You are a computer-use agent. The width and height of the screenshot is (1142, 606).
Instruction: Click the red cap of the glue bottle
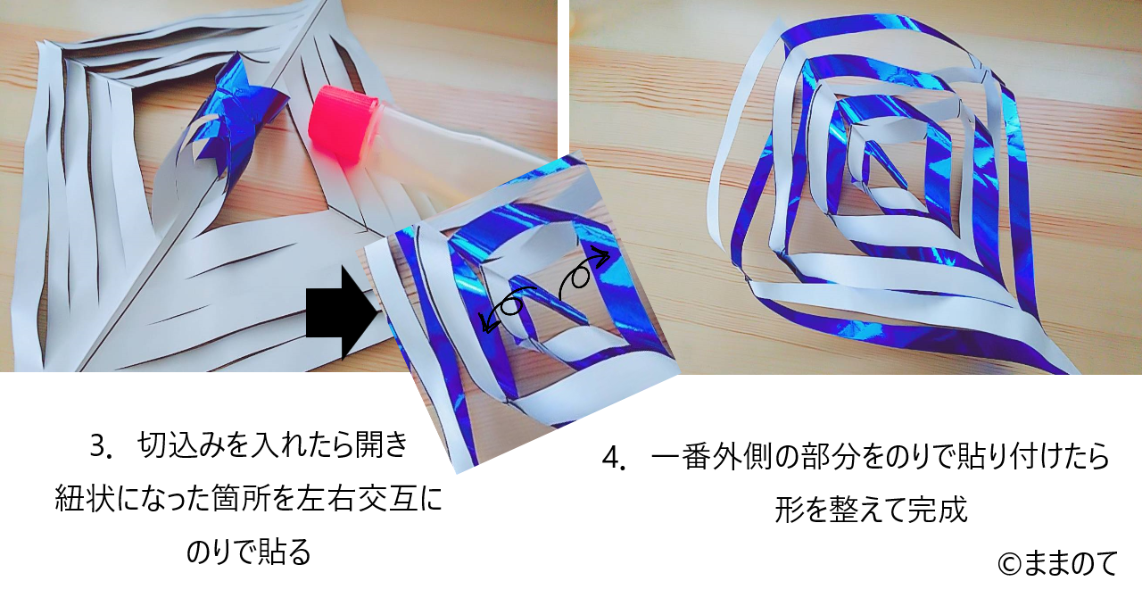[343, 124]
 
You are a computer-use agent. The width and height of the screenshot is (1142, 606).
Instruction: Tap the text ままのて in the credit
[1070, 564]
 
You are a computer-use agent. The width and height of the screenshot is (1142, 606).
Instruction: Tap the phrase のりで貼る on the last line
[248, 552]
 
